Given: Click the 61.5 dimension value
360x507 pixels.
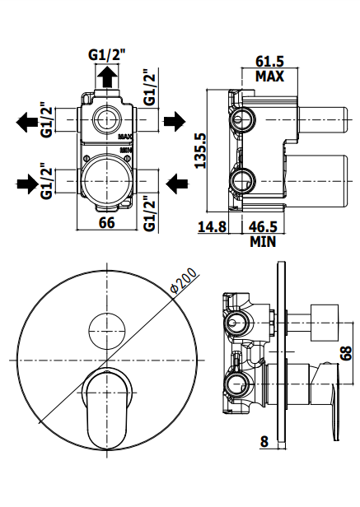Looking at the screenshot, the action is coord(269,61).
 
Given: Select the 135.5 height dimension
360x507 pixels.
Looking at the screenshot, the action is coord(201,151).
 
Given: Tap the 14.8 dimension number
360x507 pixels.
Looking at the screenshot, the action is coord(212,226).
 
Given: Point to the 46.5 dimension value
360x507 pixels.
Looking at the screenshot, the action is coord(263,226).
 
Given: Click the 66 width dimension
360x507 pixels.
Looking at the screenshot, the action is coord(107,222).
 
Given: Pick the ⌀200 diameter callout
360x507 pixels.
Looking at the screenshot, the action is coord(184,281).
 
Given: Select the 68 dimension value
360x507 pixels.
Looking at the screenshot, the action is coord(346,353).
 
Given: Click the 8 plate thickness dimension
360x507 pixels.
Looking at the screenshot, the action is coord(264,441).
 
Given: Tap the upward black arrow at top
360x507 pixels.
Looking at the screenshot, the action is coord(107,77).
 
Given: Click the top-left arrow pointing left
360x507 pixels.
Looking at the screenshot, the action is coord(27,122).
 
